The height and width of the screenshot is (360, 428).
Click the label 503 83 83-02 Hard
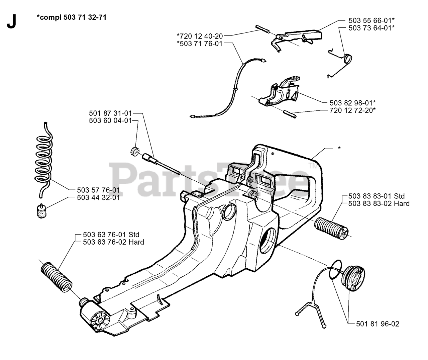[379, 203]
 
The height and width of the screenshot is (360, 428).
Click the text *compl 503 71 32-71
[72, 17]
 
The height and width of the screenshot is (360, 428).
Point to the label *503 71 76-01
[200, 43]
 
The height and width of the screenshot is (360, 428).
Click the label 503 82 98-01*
[348, 102]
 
